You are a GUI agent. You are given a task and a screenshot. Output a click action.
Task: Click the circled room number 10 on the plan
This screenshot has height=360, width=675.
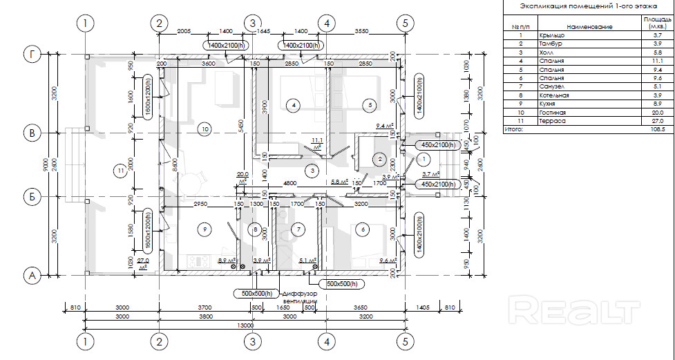(x=204, y=128)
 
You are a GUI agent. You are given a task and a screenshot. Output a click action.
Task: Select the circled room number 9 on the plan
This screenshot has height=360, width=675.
(x=204, y=228)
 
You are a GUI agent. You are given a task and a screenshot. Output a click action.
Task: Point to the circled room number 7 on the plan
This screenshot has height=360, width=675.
(x=298, y=228)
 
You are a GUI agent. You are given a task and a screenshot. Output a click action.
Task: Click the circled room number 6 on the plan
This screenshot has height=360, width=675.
(x=361, y=228)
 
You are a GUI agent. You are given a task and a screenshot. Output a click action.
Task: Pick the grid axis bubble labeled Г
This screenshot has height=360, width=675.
(x=30, y=53)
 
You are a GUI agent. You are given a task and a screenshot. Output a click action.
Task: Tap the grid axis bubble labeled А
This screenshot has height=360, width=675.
(x=30, y=275)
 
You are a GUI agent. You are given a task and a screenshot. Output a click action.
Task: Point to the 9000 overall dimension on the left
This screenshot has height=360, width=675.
(x=45, y=164)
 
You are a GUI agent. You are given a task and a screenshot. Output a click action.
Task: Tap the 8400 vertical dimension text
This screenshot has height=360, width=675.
(x=175, y=164)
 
